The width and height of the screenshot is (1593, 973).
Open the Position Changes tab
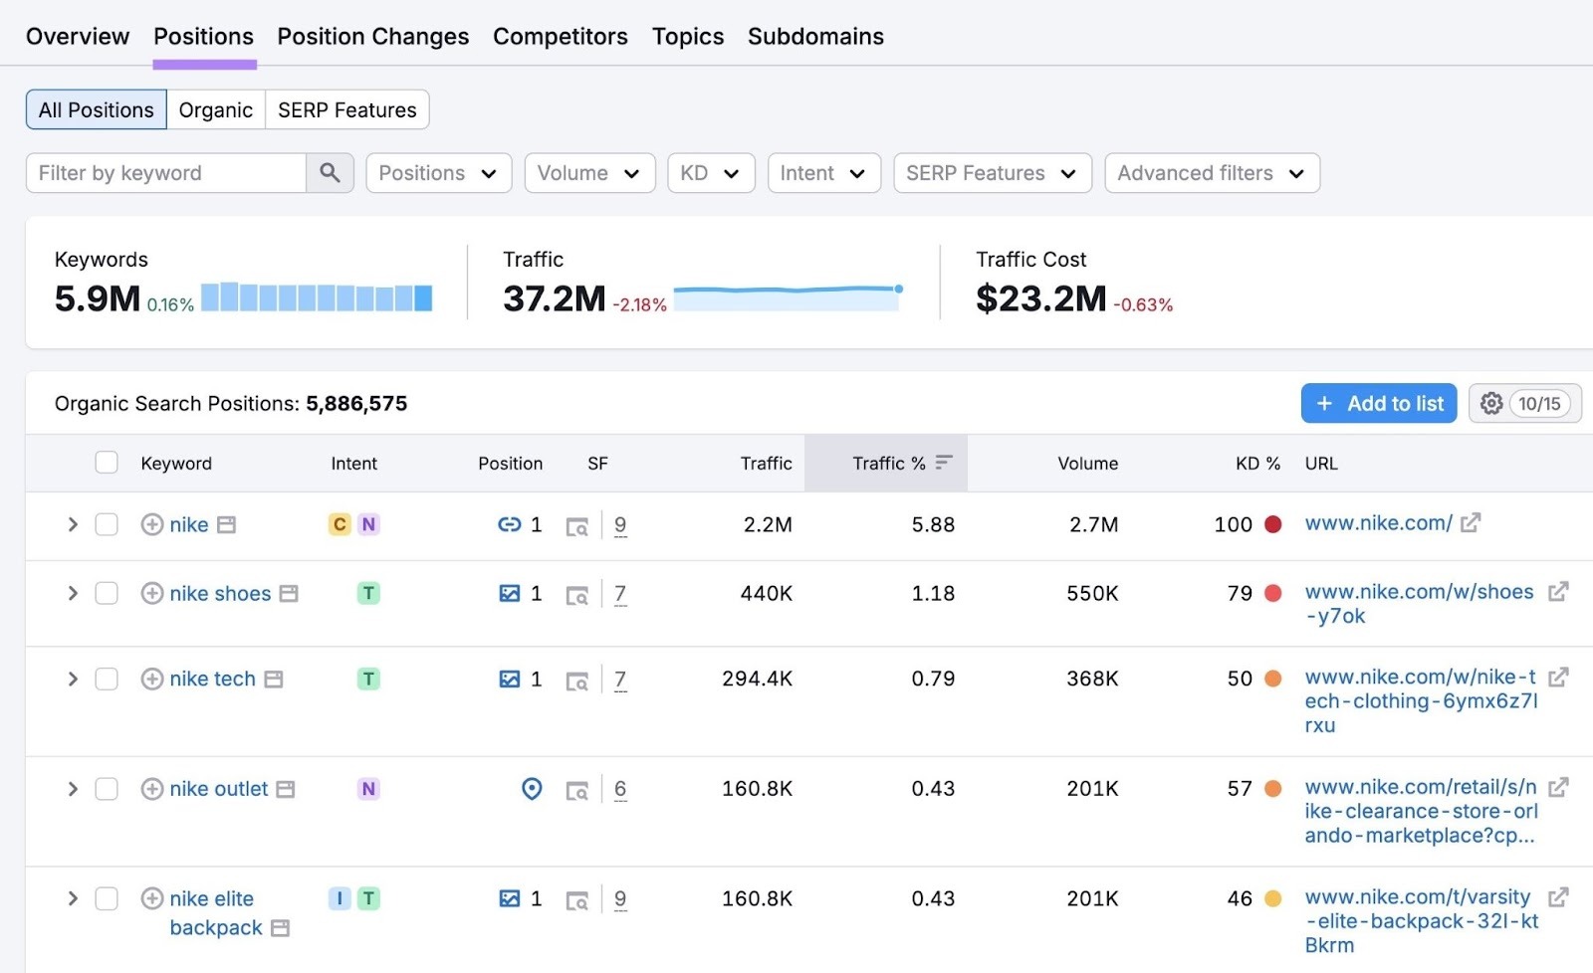point(372,37)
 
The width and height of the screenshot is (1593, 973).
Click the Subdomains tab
point(815,37)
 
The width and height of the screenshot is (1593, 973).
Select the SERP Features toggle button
point(346,110)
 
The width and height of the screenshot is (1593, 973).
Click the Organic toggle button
point(215,110)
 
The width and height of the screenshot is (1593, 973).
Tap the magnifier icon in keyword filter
point(330,173)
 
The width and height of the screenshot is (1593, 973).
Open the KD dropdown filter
point(710,173)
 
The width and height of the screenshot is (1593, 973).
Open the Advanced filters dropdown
point(1211,173)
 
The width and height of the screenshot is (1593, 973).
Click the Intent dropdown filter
point(822,173)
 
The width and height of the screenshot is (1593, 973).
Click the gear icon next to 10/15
point(1490,404)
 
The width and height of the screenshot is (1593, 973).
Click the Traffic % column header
point(889,464)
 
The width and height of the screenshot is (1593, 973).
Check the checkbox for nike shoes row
point(107,594)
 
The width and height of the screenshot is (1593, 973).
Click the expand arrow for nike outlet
point(73,789)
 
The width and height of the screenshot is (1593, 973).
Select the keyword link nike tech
point(212,680)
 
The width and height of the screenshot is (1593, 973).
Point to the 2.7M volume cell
point(1093,524)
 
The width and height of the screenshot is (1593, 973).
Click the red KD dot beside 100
point(1272,524)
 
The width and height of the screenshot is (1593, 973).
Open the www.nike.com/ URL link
point(1378,523)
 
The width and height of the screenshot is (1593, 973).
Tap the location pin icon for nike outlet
point(532,789)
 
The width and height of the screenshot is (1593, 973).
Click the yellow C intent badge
point(340,524)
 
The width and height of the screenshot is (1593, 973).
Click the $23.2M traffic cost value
point(1040,298)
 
